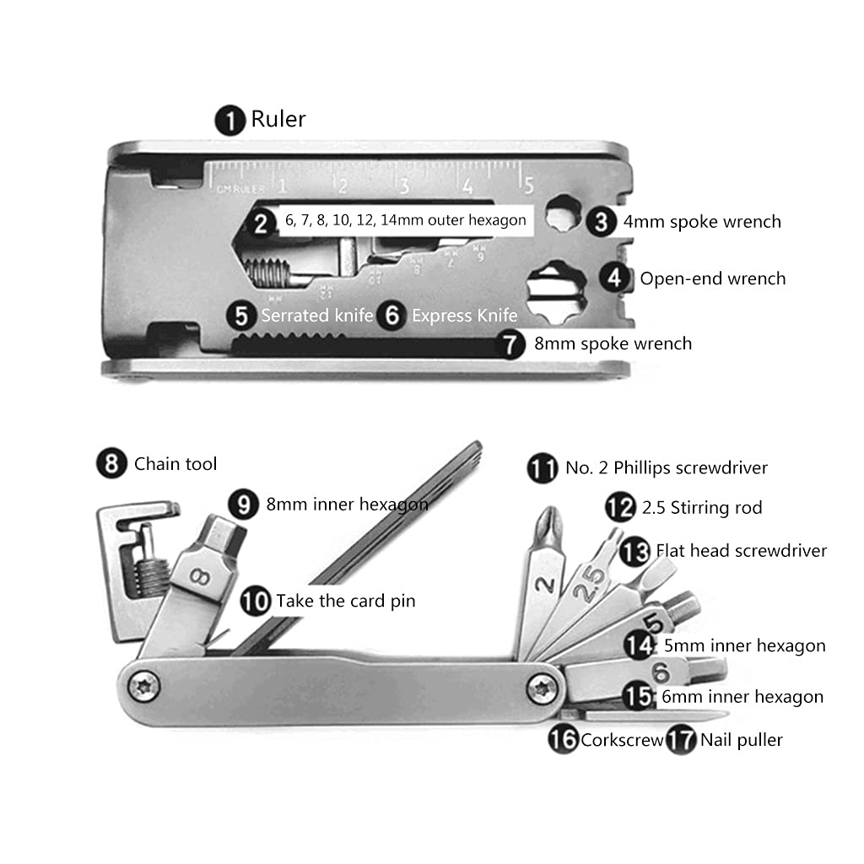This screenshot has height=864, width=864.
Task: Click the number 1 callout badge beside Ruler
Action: click(x=230, y=120)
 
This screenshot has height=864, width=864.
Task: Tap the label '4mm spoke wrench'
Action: click(x=702, y=222)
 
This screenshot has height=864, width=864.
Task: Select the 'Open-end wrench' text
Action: click(x=712, y=278)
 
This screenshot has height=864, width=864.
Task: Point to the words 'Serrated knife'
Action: click(x=316, y=316)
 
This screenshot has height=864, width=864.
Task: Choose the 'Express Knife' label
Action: click(x=464, y=316)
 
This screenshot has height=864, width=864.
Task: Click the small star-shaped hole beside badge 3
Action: click(x=558, y=219)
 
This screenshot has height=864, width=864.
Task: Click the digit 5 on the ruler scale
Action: click(x=528, y=185)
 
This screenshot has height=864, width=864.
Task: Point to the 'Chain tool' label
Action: click(x=175, y=464)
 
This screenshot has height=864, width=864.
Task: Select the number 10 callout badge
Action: click(x=256, y=602)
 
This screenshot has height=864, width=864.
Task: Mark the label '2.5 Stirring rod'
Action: click(x=701, y=507)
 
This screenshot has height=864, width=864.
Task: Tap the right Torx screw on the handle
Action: click(x=541, y=688)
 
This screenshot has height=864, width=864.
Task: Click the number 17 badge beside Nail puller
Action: click(x=681, y=741)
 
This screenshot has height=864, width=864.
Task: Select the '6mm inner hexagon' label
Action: click(x=742, y=697)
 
